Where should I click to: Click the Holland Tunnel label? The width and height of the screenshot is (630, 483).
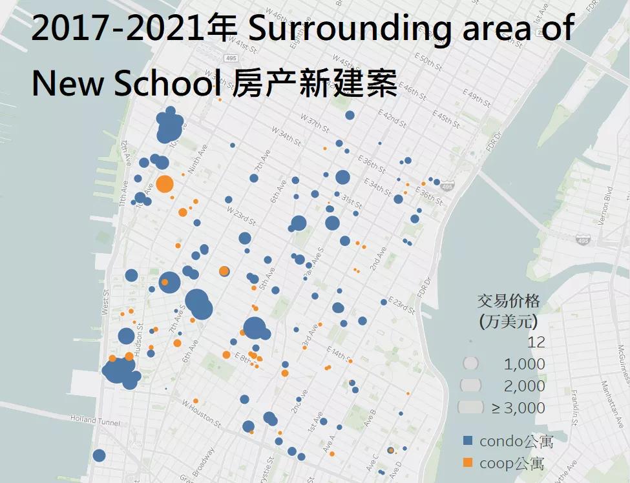96,422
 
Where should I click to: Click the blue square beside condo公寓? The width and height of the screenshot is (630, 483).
468,441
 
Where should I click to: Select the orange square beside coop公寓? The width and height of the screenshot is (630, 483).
468,462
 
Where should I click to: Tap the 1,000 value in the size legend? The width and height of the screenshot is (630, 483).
525,364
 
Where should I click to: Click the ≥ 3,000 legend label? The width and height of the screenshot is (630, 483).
518,407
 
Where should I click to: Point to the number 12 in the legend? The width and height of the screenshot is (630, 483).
536,342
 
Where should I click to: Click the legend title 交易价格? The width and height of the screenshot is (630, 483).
509,301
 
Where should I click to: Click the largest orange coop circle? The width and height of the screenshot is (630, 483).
165,185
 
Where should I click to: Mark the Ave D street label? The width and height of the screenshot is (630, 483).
395,466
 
